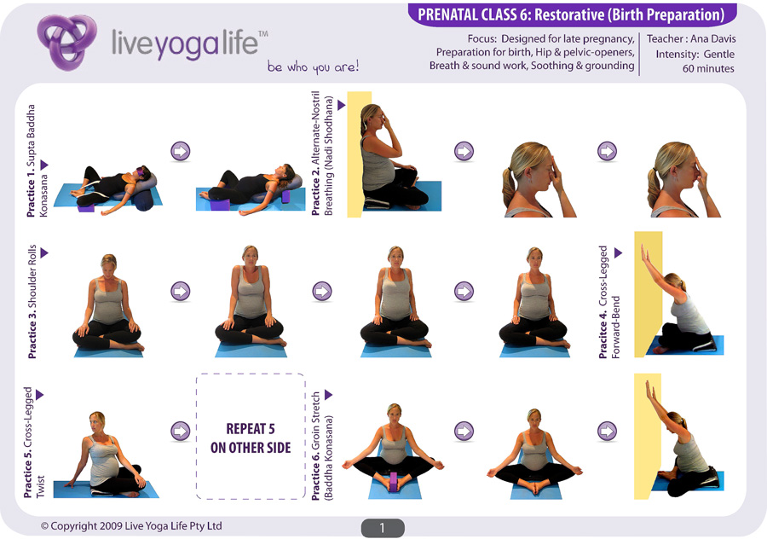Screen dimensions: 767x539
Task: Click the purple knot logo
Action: click(x=66, y=42)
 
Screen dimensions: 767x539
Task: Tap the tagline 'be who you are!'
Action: click(x=313, y=67)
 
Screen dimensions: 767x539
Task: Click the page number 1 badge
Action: click(x=383, y=528)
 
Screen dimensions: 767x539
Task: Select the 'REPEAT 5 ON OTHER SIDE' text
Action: click(x=251, y=438)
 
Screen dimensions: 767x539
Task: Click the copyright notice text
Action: click(x=131, y=526)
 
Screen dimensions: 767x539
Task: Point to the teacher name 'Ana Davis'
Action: click(x=712, y=38)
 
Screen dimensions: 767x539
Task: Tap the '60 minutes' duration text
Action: click(x=708, y=68)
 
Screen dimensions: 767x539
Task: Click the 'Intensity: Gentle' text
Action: click(x=695, y=54)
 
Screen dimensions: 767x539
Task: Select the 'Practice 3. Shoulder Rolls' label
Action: click(x=32, y=301)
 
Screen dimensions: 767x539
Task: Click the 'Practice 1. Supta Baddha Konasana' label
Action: click(x=37, y=160)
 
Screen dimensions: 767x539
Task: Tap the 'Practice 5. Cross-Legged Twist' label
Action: click(x=33, y=443)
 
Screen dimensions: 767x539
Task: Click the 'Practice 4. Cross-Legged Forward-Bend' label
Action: click(x=609, y=302)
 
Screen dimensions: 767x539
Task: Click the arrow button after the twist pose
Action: click(x=180, y=432)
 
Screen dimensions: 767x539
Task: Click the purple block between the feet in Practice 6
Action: click(x=393, y=482)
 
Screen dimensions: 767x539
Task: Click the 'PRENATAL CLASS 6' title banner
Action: click(x=571, y=14)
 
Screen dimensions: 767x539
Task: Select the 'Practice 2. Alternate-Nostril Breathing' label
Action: click(x=323, y=154)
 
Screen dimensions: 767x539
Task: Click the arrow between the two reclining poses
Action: click(x=180, y=151)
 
